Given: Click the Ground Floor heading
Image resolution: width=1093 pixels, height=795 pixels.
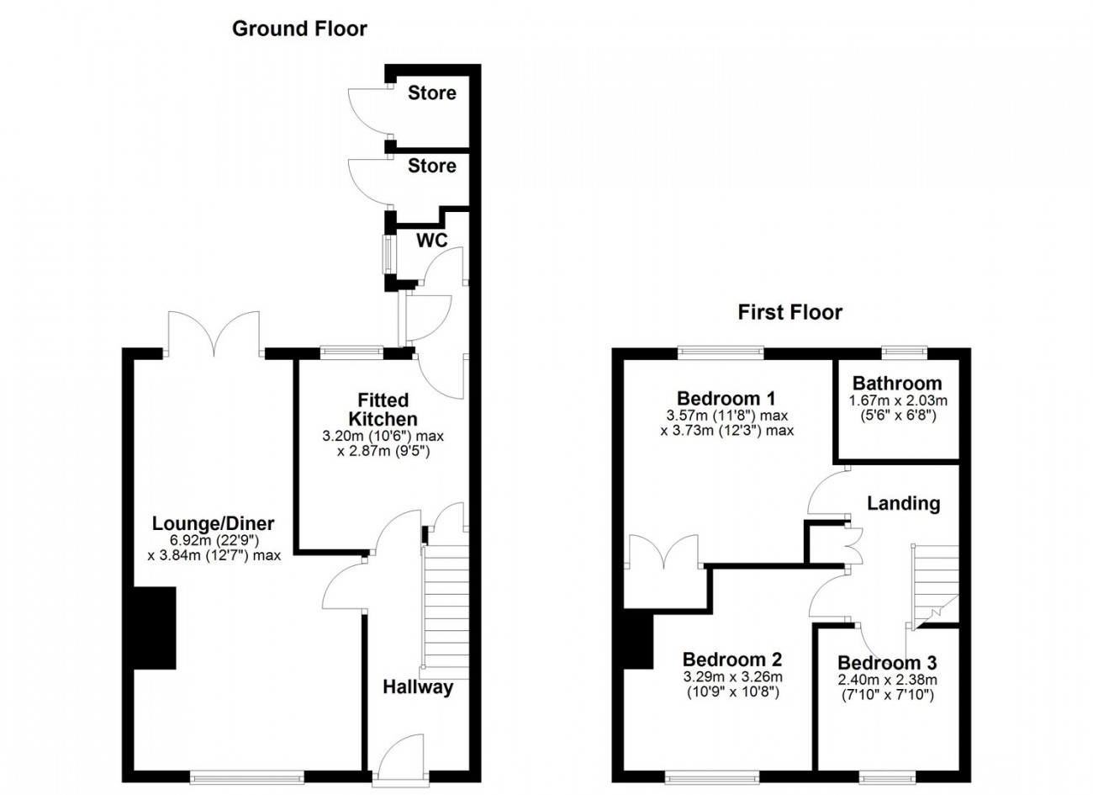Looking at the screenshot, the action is point(299,29).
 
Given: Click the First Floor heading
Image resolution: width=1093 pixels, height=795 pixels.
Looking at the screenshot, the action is point(790,312).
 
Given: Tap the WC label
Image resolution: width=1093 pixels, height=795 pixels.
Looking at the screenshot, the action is point(432,240).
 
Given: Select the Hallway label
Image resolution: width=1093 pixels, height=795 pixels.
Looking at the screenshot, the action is point(418,687).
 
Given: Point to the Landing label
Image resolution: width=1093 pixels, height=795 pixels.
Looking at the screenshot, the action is point(903,503).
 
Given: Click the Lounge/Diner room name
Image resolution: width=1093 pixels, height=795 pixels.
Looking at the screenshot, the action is point(214,523).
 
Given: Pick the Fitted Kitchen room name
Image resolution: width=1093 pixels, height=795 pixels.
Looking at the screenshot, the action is point(383,409).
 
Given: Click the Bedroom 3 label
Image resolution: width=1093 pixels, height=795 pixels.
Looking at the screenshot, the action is point(887,663).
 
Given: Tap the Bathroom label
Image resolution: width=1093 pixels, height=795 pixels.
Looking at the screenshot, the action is point(897,383).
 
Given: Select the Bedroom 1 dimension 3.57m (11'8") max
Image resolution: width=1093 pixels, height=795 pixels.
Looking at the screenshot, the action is point(727,416).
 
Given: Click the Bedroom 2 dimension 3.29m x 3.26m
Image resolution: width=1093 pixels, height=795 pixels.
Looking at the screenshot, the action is point(732,677).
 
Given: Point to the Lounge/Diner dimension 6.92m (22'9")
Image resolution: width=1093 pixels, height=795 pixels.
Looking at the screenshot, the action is point(214,540).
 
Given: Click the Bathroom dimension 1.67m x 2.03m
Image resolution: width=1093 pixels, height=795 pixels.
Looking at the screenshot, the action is point(898,400).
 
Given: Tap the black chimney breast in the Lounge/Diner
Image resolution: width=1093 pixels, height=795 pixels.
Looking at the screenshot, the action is point(154,628).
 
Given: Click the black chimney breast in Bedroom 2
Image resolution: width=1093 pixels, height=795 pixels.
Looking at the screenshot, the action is point(638,641).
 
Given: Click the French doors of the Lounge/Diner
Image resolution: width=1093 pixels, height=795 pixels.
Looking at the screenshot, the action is point(214,334).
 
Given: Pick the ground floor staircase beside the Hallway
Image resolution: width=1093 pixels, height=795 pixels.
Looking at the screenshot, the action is point(445,612).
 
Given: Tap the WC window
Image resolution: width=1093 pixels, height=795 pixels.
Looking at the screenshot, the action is point(388,254).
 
